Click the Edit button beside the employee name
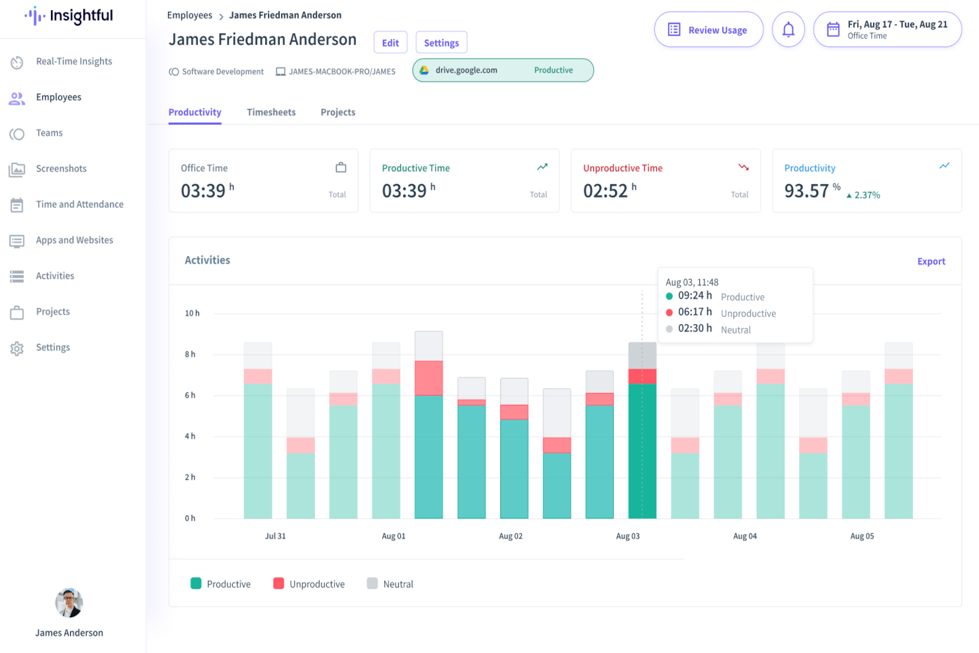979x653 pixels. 390,43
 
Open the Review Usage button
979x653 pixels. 708,30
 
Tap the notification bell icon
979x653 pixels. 788,30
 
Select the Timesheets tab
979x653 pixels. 271,112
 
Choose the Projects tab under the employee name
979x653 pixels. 338,112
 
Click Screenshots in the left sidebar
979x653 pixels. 61,169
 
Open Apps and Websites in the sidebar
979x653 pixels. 74,240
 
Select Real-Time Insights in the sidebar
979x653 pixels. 73,62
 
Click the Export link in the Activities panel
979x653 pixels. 931,261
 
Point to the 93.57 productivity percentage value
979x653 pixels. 806,191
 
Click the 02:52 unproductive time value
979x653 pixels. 605,191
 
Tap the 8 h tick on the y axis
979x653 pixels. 190,355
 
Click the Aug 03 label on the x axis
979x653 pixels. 628,536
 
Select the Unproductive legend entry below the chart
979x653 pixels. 309,584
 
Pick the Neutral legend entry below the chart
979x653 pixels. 390,584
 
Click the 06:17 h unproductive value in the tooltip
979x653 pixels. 695,312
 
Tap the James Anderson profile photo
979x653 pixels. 69,603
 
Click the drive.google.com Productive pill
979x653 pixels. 503,70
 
